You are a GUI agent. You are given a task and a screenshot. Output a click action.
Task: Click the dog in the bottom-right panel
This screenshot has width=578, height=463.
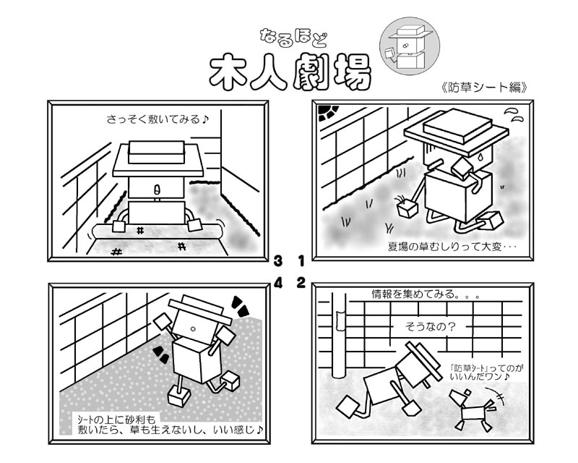(x=473, y=409)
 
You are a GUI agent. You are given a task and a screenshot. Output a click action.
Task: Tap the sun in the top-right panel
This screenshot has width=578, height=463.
(x=329, y=112)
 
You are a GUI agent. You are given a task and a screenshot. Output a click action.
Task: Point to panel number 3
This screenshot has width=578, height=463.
(x=278, y=261)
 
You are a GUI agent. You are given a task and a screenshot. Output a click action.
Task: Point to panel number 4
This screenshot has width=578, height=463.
(x=278, y=283)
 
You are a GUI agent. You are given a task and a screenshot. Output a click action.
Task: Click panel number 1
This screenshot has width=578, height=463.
(x=301, y=261)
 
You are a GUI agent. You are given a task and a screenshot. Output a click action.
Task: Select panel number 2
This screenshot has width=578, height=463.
(x=301, y=283)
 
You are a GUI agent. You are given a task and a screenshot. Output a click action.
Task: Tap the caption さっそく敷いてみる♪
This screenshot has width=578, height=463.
(x=158, y=119)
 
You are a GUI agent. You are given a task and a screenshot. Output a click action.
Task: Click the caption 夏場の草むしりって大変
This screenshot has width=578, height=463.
(x=444, y=246)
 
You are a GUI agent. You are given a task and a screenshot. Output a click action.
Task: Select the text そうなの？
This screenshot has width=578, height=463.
(x=430, y=326)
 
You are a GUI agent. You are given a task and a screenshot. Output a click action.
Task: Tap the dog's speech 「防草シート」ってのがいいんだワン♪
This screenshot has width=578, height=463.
(x=486, y=372)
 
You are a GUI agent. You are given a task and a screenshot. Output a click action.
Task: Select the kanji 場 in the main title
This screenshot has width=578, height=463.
(x=352, y=72)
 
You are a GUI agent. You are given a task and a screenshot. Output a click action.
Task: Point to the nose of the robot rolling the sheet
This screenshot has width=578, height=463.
(x=156, y=190)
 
